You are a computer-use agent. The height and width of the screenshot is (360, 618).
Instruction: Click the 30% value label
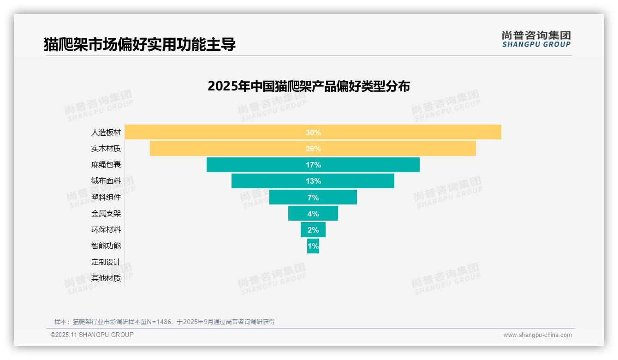coord(313,132)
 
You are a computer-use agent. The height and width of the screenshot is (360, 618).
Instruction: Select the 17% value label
coord(313,165)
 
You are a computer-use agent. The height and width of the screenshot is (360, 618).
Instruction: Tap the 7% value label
coord(313,198)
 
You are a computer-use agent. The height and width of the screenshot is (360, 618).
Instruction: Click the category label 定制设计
coord(106,262)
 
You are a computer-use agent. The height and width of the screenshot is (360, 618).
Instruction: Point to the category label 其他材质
coord(106,278)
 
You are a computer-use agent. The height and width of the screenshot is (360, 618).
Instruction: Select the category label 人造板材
coord(106,132)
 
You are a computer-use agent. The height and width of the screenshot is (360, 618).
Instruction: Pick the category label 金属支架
coord(106,214)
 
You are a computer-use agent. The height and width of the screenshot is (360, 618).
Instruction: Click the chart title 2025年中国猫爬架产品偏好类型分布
coord(309,86)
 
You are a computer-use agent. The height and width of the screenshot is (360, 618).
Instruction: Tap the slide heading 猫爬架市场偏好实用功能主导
coord(140,44)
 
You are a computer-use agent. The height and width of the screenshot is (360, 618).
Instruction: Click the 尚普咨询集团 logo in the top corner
coord(536,39)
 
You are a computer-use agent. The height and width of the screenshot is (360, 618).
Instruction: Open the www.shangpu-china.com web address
coord(537,335)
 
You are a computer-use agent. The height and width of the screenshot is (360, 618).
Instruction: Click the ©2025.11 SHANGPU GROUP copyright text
coord(92,335)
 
